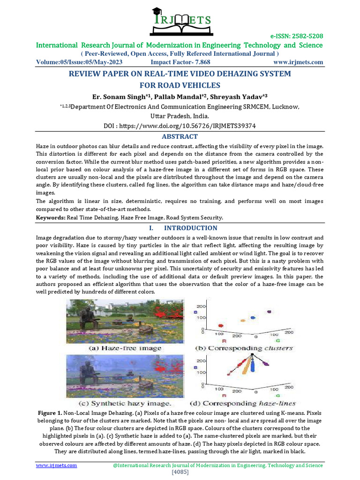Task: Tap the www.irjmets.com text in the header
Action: pyautogui.click(x=298, y=62)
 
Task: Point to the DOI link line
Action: pyautogui.click(x=180, y=126)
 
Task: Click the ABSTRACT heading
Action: pyautogui.click(x=180, y=136)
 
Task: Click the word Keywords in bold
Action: pyautogui.click(x=51, y=217)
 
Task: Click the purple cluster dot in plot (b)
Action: pyautogui.click(x=269, y=312)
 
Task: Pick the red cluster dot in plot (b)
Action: pyautogui.click(x=221, y=325)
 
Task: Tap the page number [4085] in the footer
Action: pyautogui.click(x=180, y=472)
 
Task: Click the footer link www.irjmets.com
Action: pyautogui.click(x=57, y=465)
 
